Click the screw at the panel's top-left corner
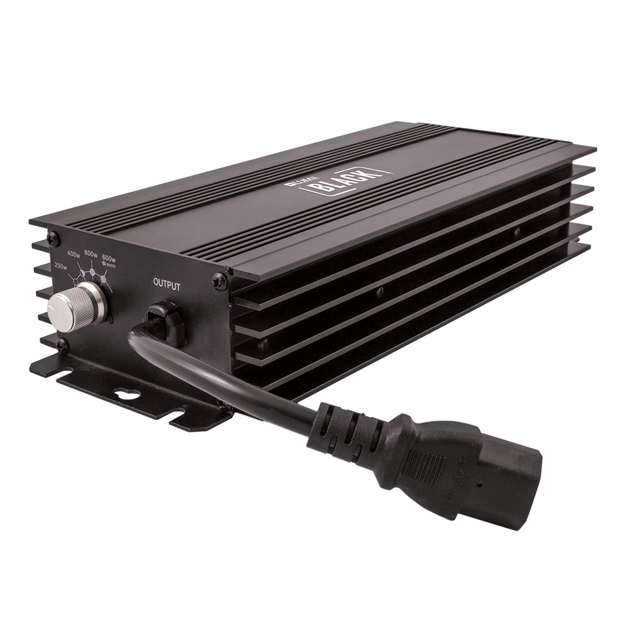[x=53, y=238]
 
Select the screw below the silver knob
[x=60, y=345]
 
